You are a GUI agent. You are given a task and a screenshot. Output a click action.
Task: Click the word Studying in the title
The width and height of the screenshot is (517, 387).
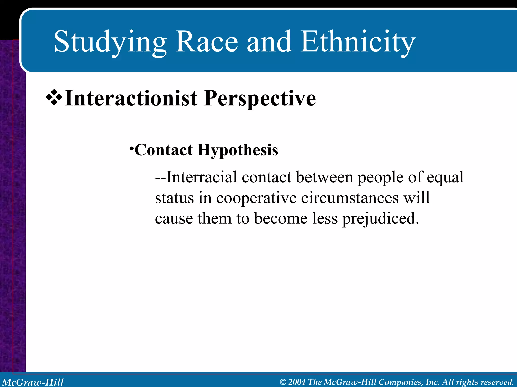110,42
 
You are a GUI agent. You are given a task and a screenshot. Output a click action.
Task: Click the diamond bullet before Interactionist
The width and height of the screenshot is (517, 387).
54,98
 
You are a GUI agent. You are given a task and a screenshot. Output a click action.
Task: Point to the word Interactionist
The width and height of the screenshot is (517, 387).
131,98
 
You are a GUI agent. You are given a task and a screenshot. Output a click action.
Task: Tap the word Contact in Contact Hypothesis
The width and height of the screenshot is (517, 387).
164,150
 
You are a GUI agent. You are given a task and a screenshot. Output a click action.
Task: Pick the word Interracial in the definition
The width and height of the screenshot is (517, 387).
202,177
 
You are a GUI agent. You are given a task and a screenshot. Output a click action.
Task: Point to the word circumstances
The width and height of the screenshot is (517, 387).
350,198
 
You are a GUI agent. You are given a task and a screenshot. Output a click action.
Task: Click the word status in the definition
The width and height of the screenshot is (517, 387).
174,198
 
